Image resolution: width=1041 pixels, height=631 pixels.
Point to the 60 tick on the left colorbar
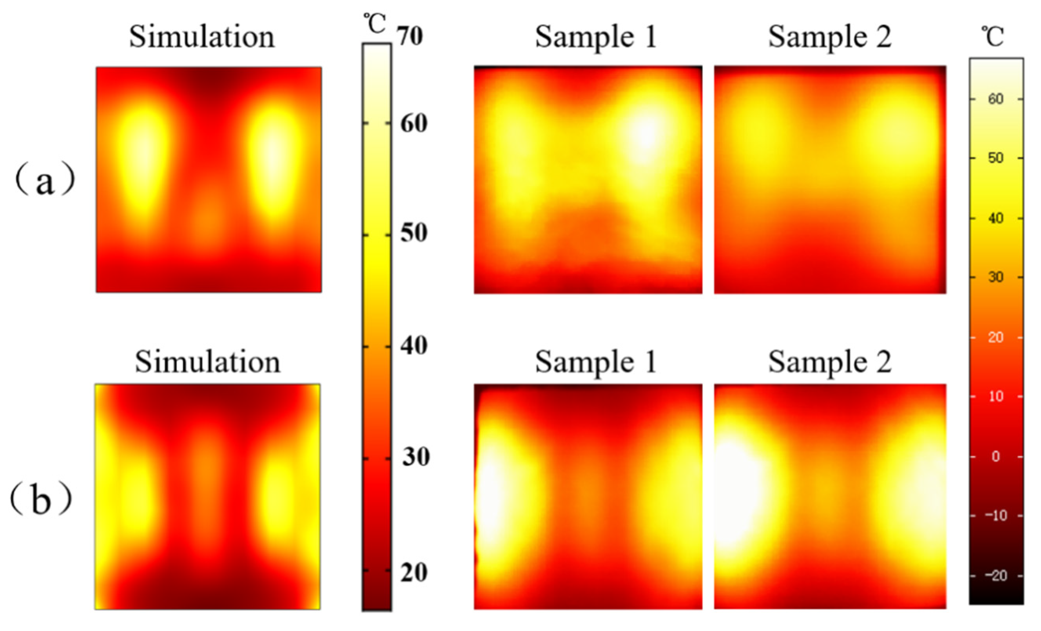tap(413, 124)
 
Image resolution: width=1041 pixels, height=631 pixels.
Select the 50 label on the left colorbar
tap(413, 233)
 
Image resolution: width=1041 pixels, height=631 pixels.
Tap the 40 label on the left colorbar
tap(413, 346)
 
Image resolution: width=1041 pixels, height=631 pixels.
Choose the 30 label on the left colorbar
tap(415, 457)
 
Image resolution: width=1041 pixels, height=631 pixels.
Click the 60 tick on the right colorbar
tap(996, 99)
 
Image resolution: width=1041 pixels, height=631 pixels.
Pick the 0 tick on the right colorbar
tap(996, 456)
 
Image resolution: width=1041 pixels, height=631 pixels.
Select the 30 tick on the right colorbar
tap(996, 277)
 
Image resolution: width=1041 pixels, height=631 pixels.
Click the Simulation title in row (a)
tap(202, 37)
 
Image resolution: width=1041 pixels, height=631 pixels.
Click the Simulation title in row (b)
tap(207, 363)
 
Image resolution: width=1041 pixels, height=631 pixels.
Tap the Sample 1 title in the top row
tap(596, 37)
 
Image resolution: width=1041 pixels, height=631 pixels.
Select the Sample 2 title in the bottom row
tap(830, 363)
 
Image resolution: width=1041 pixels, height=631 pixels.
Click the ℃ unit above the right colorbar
tap(992, 37)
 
